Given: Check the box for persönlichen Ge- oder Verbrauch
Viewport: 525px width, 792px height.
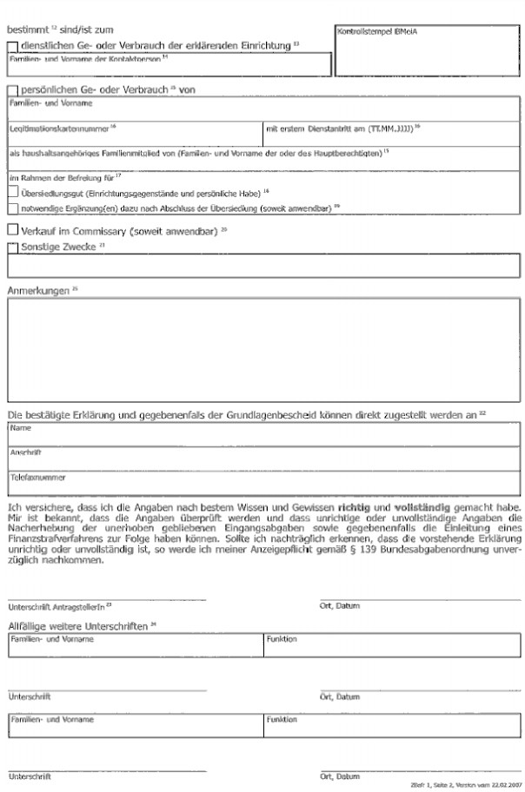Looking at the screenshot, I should [x=11, y=89].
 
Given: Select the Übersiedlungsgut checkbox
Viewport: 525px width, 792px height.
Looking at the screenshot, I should [x=12, y=193].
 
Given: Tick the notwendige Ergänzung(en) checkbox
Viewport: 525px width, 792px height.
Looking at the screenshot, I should [x=12, y=208].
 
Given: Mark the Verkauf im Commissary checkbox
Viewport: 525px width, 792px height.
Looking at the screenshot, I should [x=11, y=230].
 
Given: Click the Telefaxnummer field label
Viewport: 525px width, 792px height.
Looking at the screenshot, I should [x=36, y=476].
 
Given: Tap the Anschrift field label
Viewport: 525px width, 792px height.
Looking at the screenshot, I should [x=25, y=452].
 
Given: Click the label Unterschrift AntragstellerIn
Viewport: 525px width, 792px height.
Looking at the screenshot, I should [x=53, y=605].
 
